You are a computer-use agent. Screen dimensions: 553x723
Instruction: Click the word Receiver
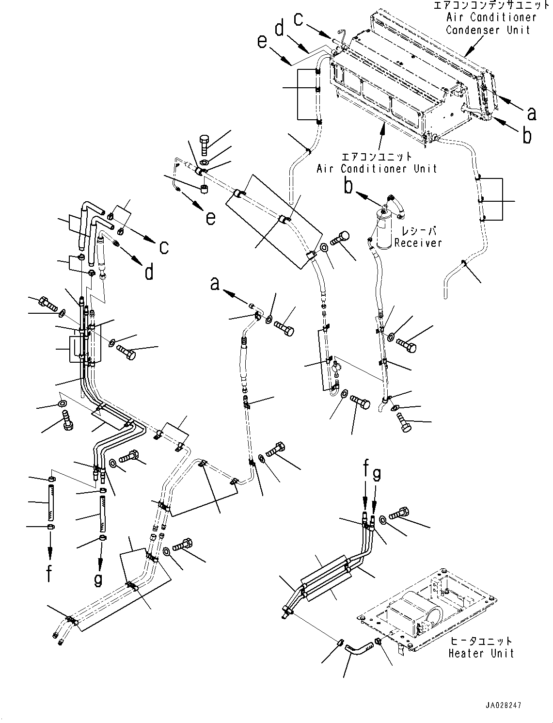coord(418,243)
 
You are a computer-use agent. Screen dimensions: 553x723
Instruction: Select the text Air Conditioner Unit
coord(377,169)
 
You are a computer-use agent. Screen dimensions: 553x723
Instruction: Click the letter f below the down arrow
coord(49,573)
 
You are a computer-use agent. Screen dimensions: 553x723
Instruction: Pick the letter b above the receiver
coord(348,185)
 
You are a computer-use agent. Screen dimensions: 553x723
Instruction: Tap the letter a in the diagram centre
coord(215,284)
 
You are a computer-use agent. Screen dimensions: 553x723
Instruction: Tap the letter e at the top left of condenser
coord(262,43)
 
